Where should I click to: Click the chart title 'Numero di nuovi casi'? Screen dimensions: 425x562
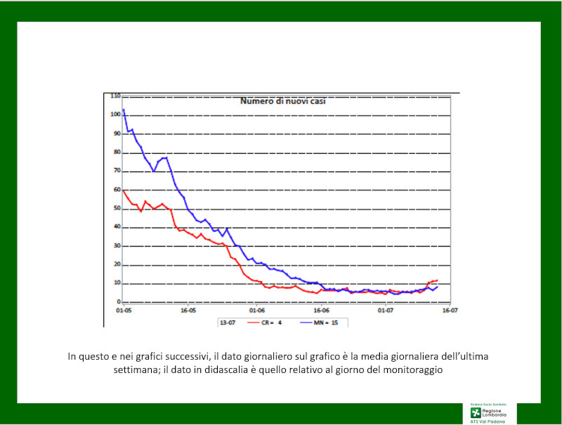283,101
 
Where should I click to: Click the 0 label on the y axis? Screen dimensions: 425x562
119,302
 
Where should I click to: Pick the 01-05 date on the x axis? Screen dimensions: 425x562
124,310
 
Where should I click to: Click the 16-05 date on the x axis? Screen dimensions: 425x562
188,310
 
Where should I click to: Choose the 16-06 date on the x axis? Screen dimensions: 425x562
321,310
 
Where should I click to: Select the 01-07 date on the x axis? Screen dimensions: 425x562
386,310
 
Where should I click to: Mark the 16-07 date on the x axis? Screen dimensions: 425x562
450,310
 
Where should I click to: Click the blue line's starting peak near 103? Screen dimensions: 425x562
124,109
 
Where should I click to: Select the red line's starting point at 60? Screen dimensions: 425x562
124,190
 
